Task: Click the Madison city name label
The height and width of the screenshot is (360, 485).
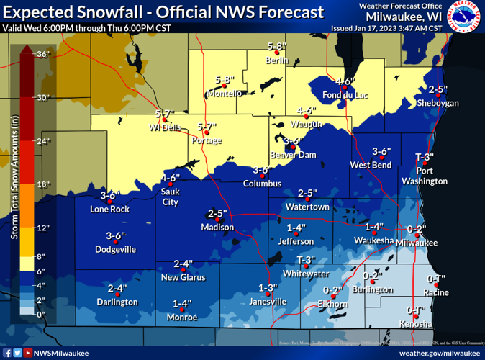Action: point(217,228)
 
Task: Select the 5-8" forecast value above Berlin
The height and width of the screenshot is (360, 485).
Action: point(277,47)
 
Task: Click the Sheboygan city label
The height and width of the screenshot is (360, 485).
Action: point(438,103)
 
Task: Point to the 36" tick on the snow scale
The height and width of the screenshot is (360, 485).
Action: point(42,54)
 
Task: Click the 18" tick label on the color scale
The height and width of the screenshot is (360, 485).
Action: point(42,185)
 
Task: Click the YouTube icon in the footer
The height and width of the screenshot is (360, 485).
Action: point(27,353)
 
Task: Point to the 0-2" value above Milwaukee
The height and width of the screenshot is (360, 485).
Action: point(417,230)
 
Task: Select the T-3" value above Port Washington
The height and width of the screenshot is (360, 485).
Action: point(425,157)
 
